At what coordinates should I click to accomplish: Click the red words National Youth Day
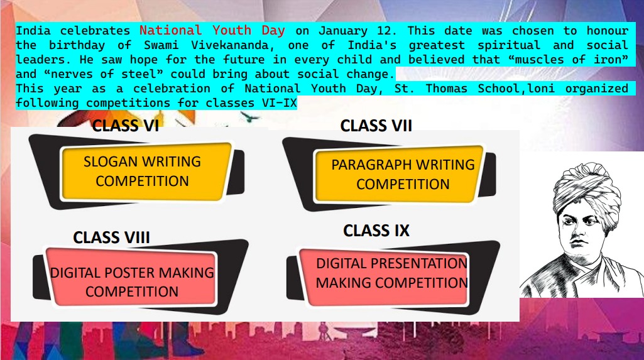click(x=212, y=30)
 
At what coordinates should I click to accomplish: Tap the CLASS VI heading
click(x=125, y=125)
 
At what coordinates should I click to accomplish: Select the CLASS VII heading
click(x=376, y=125)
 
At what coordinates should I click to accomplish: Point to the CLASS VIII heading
click(x=111, y=237)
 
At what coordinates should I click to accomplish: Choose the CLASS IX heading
click(x=376, y=231)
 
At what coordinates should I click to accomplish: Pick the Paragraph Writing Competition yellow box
click(x=399, y=174)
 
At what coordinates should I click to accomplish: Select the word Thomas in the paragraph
click(x=447, y=89)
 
